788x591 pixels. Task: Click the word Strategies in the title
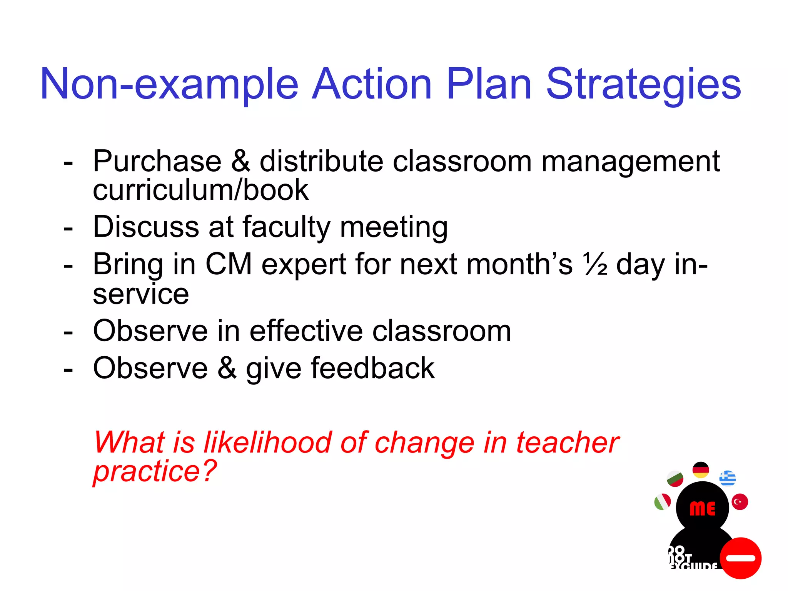click(643, 85)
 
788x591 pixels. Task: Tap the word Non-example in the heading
click(169, 85)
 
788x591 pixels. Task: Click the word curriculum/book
click(200, 190)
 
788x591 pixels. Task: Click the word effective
click(306, 331)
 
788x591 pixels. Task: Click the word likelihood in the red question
click(267, 442)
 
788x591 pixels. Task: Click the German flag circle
click(701, 470)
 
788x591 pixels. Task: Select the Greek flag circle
click(727, 478)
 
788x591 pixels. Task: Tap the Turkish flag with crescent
click(740, 502)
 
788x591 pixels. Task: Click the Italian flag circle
click(663, 502)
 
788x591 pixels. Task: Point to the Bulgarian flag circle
click(675, 479)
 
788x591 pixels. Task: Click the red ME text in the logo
click(703, 509)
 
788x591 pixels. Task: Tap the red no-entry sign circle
click(741, 558)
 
